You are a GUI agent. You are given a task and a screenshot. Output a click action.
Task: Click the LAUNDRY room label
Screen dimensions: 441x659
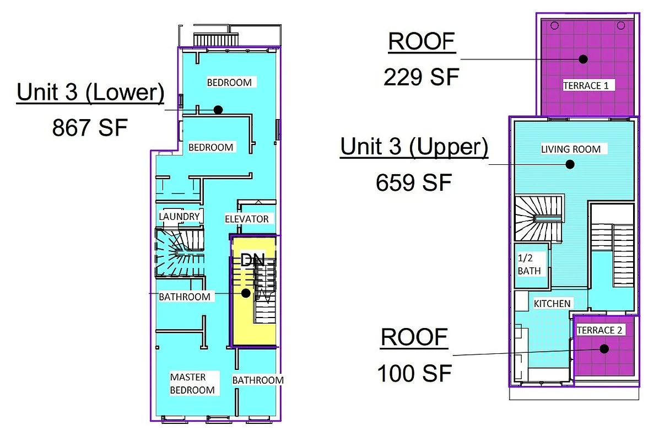pos(179,217)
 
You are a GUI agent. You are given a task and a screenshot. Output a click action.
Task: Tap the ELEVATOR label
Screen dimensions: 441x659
pos(247,219)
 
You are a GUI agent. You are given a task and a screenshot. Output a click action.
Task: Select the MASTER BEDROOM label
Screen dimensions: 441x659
pos(192,384)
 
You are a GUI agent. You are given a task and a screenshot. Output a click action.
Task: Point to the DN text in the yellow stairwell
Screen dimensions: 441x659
pos(253,260)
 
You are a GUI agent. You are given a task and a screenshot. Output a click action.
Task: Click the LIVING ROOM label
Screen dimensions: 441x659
pos(570,149)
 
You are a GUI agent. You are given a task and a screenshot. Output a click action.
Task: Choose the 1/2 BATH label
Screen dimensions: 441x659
pos(529,265)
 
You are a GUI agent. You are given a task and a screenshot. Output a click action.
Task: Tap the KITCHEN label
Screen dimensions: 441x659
pos(552,303)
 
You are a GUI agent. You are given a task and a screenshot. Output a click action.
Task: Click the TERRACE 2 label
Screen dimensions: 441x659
pos(599,330)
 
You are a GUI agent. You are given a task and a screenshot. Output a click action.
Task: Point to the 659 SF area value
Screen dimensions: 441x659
pos(414,182)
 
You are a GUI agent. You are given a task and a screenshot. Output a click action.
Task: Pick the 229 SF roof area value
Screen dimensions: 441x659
pos(421,77)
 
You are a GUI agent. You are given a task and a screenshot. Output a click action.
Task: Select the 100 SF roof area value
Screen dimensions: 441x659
pos(414,373)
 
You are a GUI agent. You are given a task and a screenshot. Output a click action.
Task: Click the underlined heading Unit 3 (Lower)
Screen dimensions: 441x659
pos(90,93)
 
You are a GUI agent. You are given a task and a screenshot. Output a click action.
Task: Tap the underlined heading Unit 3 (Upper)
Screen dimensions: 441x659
pos(414,147)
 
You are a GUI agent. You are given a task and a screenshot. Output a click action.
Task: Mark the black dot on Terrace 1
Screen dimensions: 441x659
pos(583,59)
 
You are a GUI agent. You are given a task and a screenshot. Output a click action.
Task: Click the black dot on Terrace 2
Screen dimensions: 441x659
pos(604,348)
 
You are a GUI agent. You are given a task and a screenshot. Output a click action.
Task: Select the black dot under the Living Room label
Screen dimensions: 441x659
pos(570,164)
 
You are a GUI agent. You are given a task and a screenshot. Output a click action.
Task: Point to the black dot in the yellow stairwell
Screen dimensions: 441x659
pos(246,293)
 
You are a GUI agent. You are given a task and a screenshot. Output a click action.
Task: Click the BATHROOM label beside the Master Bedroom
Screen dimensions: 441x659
pos(257,380)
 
